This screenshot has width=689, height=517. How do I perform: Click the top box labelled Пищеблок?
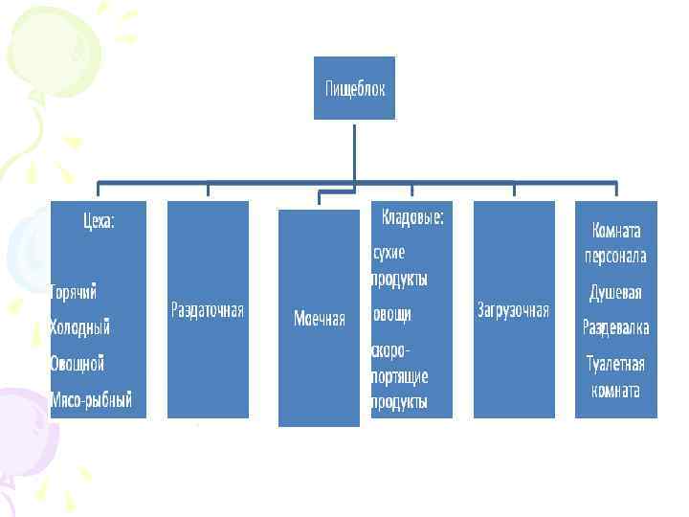click(354, 87)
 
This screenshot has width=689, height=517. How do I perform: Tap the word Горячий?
click(74, 291)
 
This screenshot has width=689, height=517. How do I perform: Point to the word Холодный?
click(79, 327)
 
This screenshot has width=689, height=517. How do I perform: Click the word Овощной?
click(78, 364)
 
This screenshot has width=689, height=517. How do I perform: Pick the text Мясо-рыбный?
click(91, 399)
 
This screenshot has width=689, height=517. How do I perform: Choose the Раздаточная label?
click(208, 310)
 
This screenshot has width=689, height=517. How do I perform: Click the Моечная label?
click(320, 319)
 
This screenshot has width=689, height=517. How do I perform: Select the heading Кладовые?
click(412, 217)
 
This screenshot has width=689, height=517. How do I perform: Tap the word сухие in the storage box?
click(389, 253)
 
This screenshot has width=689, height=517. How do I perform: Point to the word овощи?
click(392, 313)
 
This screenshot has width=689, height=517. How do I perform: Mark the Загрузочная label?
click(513, 310)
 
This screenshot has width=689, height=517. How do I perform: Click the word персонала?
click(615, 257)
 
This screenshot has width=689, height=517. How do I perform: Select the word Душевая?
click(615, 293)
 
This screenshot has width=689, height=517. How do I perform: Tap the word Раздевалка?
click(615, 328)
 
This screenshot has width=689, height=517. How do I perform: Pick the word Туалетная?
click(615, 364)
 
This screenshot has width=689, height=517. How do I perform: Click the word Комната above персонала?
click(615, 232)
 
